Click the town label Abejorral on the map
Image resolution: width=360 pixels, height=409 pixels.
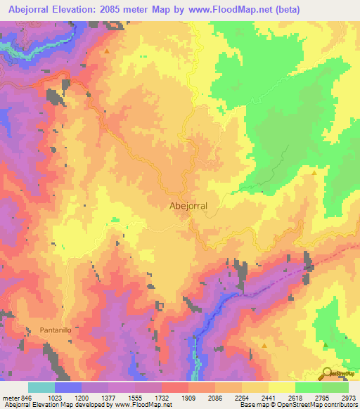click(188, 207)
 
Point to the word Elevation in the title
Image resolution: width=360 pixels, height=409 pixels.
click(78, 10)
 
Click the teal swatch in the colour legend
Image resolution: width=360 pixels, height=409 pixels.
click(41, 387)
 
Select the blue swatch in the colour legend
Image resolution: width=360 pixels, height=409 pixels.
click(67, 387)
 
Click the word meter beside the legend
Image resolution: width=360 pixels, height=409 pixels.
click(9, 397)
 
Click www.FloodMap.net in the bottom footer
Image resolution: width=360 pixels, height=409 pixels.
click(142, 405)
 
